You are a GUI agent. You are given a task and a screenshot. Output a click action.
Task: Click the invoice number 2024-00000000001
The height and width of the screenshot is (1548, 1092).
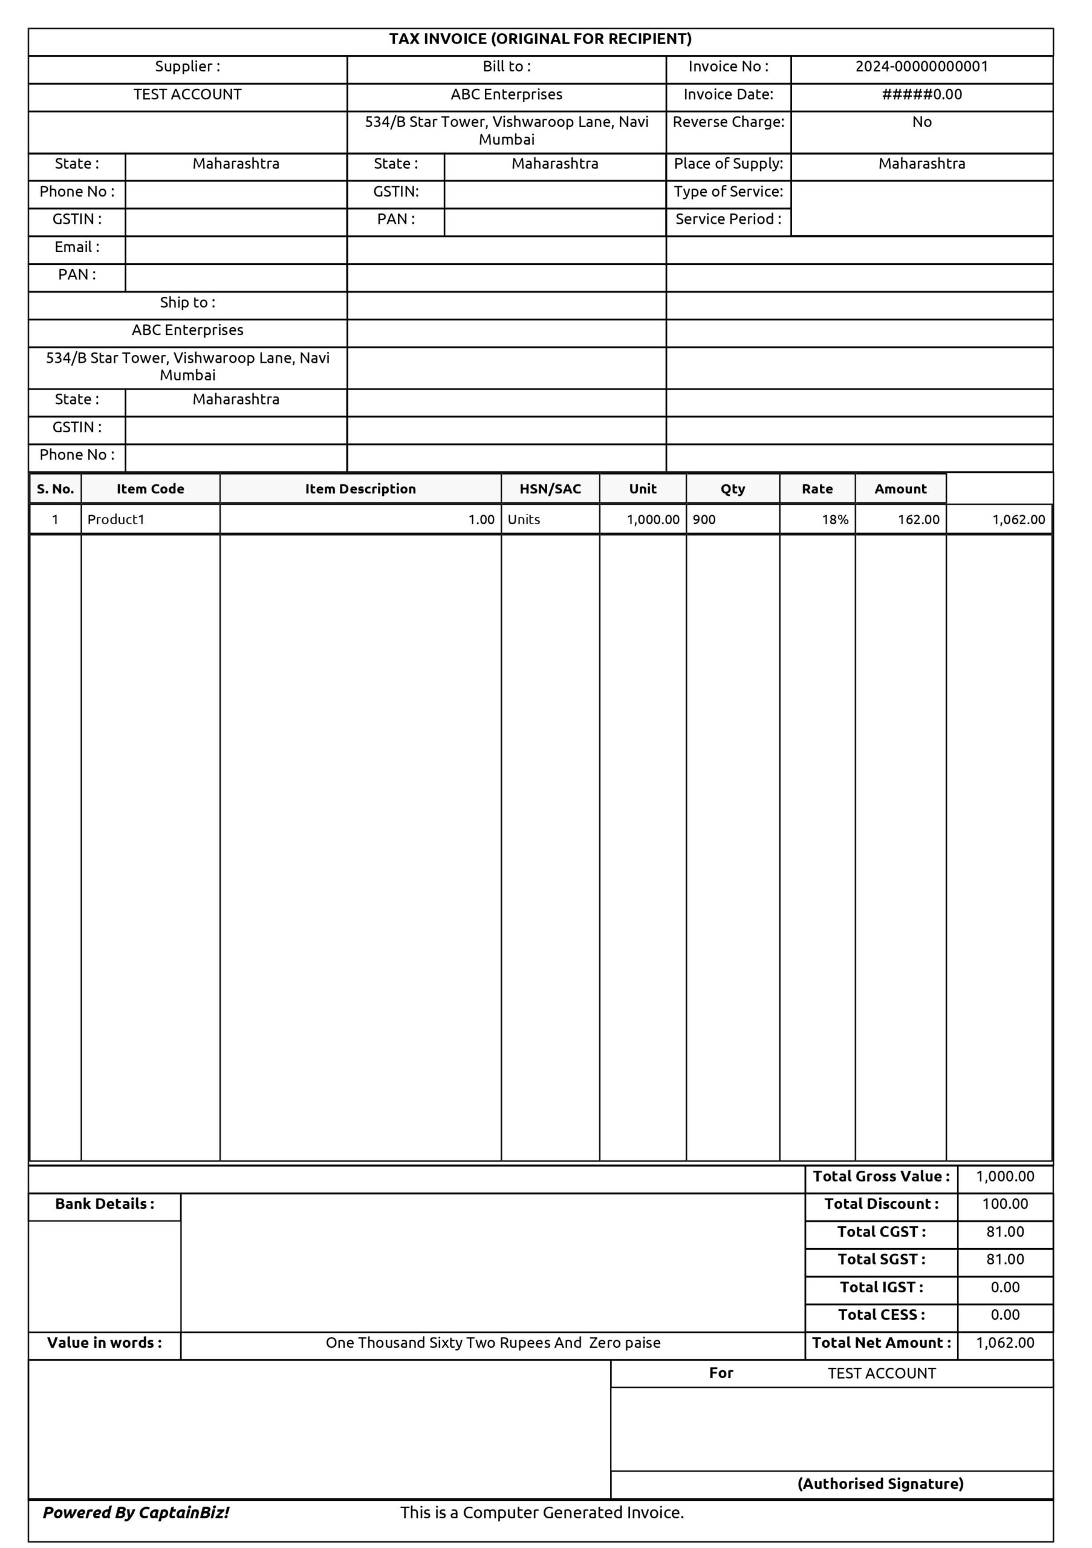pos(921,67)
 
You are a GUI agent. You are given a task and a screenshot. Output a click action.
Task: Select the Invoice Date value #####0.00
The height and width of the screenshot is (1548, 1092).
pos(921,94)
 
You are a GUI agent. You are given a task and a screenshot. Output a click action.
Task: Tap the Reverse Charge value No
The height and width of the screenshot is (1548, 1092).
pos(921,122)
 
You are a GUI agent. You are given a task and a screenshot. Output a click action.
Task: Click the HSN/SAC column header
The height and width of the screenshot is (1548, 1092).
pos(550,489)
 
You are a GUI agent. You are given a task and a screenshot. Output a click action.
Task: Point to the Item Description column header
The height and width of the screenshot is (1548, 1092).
pos(360,489)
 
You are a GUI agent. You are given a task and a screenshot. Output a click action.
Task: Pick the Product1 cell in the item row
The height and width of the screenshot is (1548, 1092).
pos(116,519)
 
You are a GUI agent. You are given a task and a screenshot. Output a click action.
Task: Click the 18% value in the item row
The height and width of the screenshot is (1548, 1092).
pos(834,519)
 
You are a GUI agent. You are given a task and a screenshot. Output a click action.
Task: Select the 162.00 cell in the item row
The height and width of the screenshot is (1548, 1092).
pos(918,519)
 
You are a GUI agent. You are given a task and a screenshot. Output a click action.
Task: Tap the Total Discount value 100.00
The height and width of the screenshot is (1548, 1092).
pos(1004,1203)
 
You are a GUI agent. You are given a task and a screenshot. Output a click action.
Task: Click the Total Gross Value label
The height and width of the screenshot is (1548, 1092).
pos(881,1176)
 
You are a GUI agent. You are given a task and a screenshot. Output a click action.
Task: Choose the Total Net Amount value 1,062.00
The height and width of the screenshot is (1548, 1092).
pos(1004,1342)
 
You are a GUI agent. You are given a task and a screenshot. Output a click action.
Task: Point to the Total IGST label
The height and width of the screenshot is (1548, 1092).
pos(881,1287)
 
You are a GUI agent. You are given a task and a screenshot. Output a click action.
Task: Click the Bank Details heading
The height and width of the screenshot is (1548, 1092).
pos(105,1203)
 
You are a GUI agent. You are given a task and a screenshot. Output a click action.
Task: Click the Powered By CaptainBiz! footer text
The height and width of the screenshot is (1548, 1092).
pos(136,1512)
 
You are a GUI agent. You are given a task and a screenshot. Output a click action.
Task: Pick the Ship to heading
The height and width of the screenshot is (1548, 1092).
pos(187,303)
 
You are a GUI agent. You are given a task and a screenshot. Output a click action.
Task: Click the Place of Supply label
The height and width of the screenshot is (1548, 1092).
pos(728,164)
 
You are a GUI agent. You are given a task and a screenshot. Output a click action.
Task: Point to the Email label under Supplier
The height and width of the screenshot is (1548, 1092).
pos(77,247)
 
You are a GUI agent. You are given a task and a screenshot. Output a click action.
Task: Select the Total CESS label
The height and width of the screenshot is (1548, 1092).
pos(881,1315)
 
